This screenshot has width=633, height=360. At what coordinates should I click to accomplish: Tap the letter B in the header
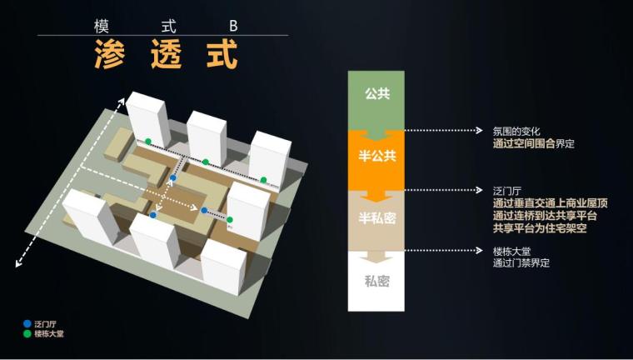pyautogui.click(x=234, y=26)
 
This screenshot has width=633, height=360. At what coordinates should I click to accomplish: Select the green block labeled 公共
pyautogui.click(x=376, y=94)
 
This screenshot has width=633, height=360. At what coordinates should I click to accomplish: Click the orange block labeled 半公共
pyautogui.click(x=376, y=157)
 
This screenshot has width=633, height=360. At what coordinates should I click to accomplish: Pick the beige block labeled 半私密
pyautogui.click(x=376, y=218)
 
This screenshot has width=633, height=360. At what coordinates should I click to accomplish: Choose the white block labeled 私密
pyautogui.click(x=376, y=280)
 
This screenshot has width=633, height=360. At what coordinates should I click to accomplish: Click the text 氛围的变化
pyautogui.click(x=516, y=131)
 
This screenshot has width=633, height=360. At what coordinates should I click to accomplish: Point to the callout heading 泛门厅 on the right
pyautogui.click(x=506, y=191)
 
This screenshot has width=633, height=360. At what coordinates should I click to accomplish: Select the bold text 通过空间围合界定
pyautogui.click(x=533, y=143)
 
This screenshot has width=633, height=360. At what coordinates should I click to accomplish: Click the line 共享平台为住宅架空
pyautogui.click(x=539, y=227)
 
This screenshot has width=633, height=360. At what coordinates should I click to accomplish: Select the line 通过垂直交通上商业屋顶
pyautogui.click(x=550, y=203)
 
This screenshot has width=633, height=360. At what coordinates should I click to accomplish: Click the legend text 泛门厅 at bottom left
pyautogui.click(x=44, y=323)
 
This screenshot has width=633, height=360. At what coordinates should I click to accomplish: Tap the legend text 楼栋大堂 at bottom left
pyautogui.click(x=47, y=333)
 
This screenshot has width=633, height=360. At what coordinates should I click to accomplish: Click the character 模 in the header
pyautogui.click(x=102, y=26)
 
